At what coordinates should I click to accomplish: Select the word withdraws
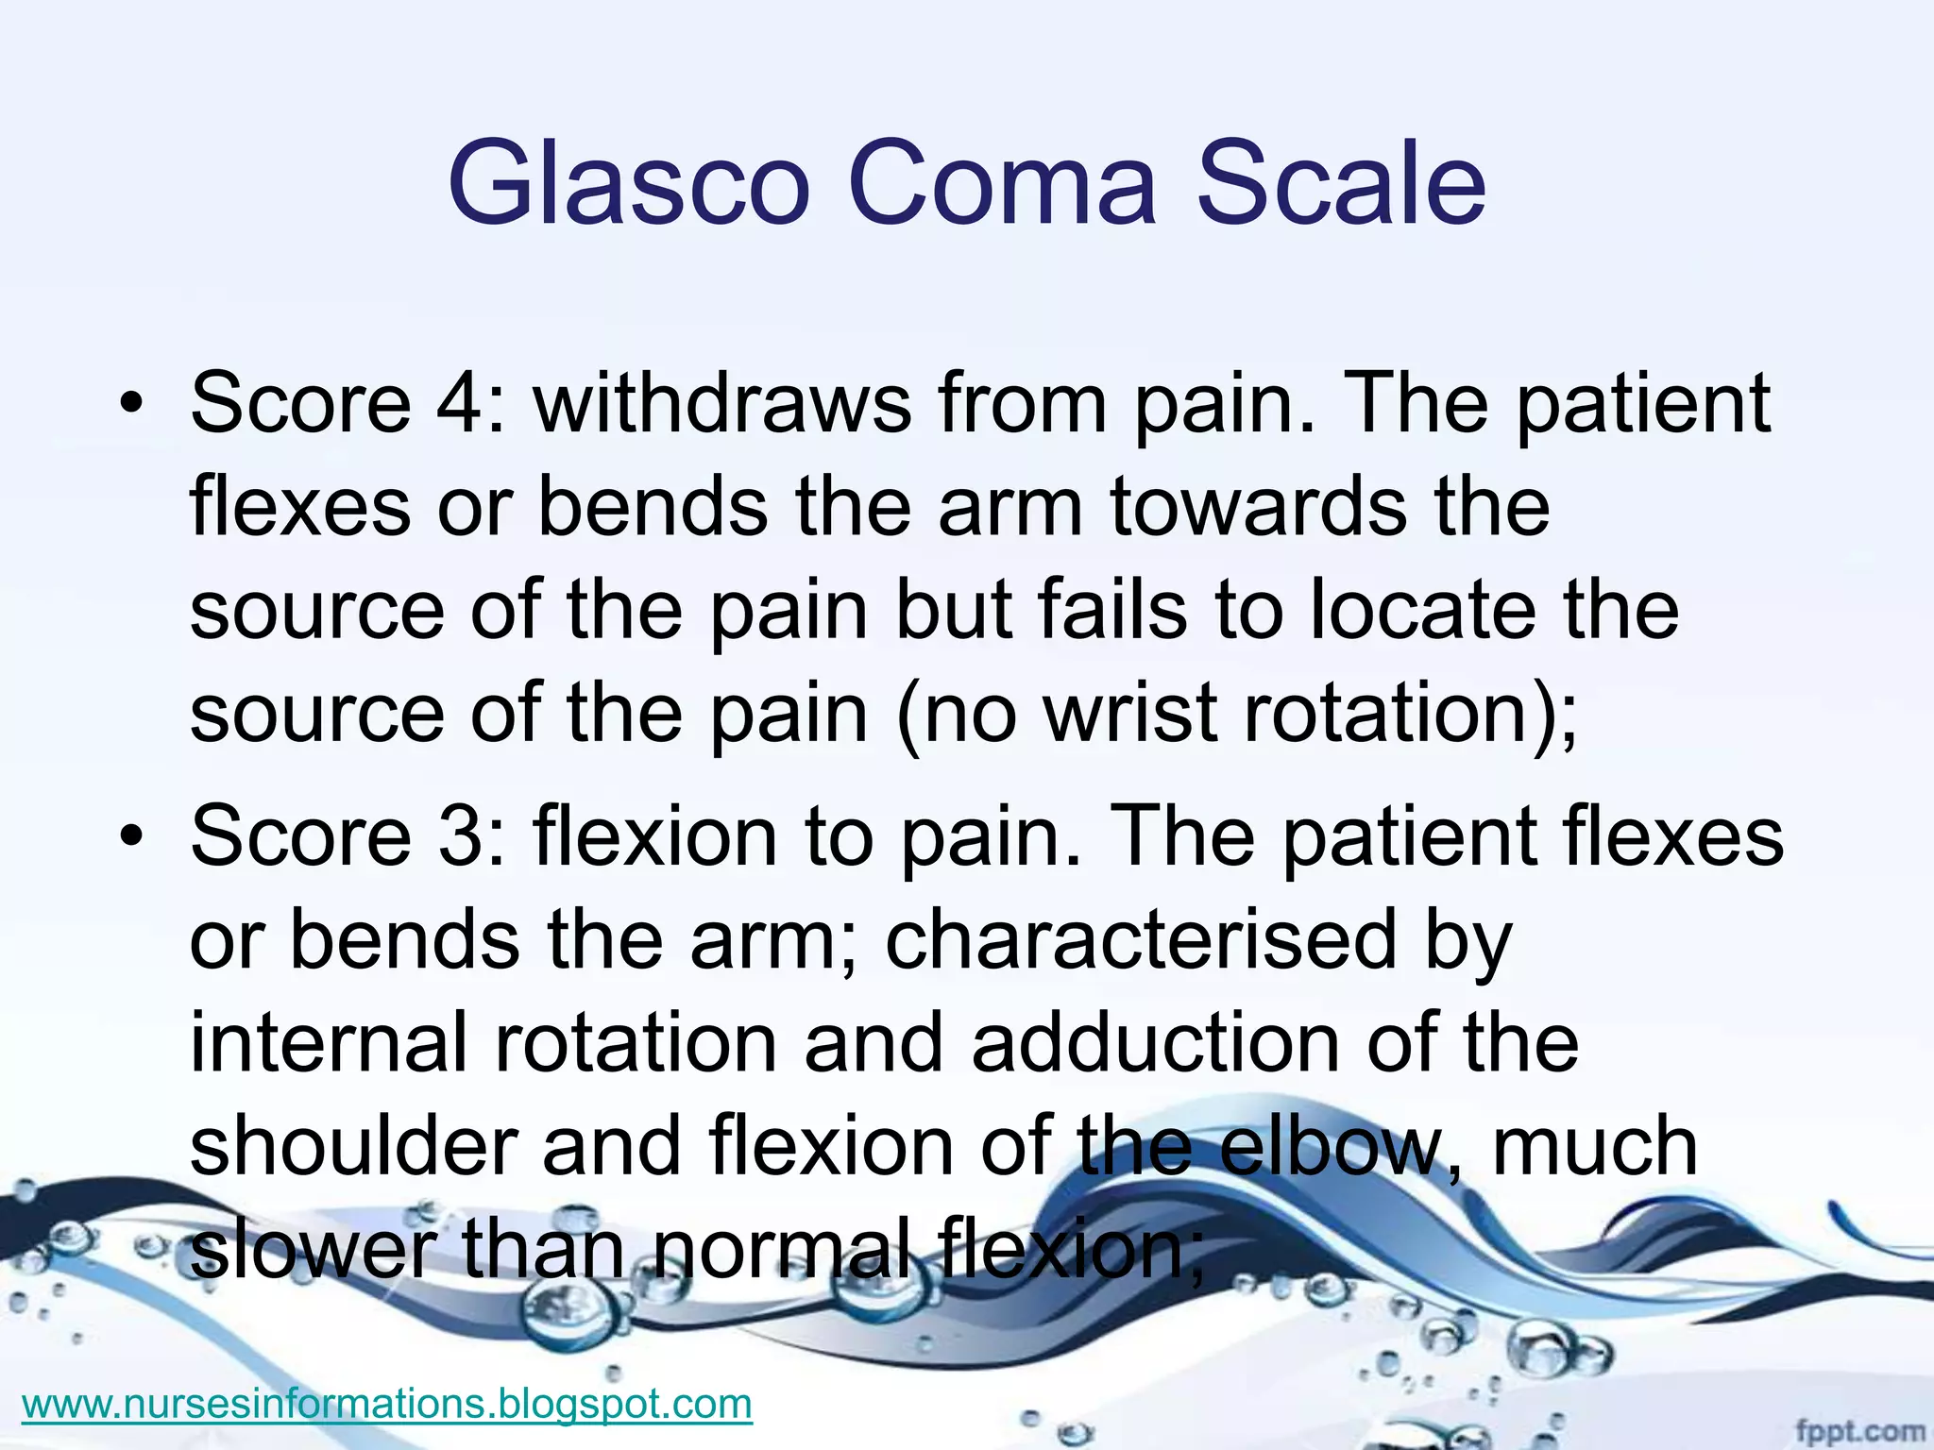coord(722,404)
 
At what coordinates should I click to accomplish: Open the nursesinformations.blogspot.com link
coord(386,1404)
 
